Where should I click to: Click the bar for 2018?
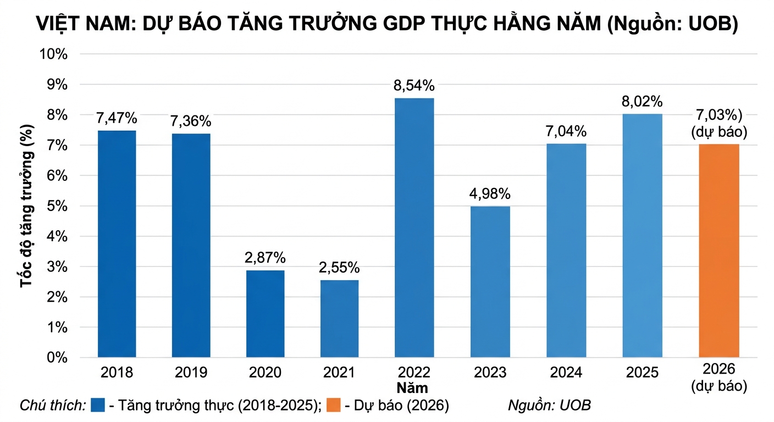(117, 244)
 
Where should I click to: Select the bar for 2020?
(266, 314)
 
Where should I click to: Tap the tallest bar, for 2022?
(414, 227)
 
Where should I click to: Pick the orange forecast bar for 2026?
(718, 251)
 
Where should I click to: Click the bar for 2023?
(490, 282)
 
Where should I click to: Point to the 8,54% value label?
(414, 86)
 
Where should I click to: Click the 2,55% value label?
(339, 268)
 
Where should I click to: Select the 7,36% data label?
(191, 121)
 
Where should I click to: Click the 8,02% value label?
(642, 102)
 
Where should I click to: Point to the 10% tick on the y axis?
(53, 54)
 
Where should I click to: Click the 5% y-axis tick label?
(57, 206)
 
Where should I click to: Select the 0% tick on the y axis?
(57, 358)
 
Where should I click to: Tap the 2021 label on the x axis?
(339, 373)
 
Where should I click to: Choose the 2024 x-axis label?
(566, 373)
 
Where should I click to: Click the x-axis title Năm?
(414, 388)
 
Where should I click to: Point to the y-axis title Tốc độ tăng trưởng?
(26, 206)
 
